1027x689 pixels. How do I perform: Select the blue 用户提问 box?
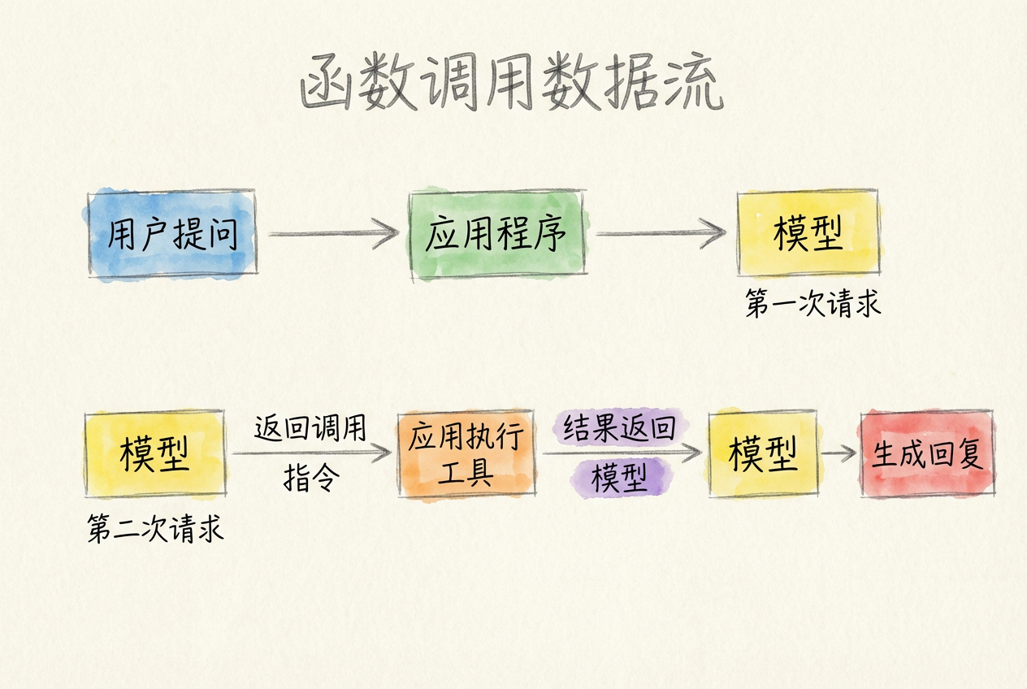[x=171, y=234]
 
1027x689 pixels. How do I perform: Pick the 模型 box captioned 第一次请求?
[x=808, y=234]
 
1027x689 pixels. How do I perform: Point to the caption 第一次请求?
[x=812, y=305]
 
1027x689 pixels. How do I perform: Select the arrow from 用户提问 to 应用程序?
[x=333, y=234]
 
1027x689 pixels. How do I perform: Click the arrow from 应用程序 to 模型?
[x=660, y=234]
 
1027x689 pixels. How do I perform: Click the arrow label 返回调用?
[x=310, y=427]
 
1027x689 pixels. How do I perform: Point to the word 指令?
[x=310, y=479]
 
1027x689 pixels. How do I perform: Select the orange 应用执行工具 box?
[x=466, y=453]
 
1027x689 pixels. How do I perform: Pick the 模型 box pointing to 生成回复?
[x=762, y=453]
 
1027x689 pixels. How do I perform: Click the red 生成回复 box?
[x=927, y=453]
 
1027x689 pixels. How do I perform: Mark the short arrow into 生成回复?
[x=838, y=453]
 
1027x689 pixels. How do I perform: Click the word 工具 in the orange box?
[x=466, y=473]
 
